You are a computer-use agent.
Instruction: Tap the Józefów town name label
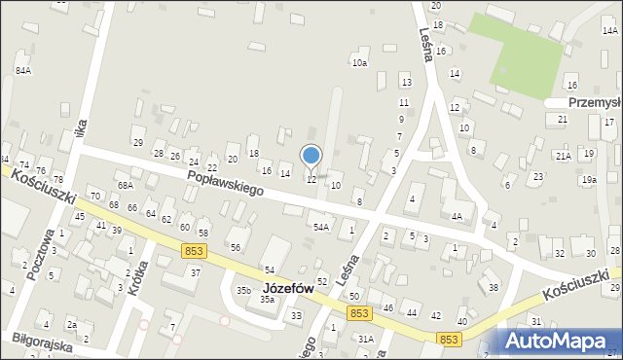[288, 288]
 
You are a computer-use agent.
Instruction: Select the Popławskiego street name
[227, 182]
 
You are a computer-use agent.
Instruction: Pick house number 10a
[359, 63]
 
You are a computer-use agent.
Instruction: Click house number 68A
[125, 185]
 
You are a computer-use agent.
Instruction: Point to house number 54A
[320, 227]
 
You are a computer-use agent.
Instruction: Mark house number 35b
[243, 290]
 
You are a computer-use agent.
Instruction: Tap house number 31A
[365, 339]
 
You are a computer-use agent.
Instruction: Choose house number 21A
[563, 156]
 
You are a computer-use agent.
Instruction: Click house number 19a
[589, 180]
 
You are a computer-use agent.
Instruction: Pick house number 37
[195, 272]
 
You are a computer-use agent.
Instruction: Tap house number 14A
[609, 31]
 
